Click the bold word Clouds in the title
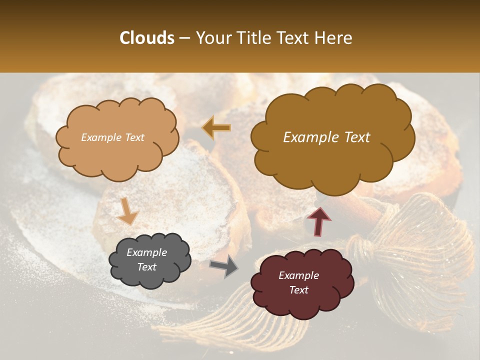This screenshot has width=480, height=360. click(146, 38)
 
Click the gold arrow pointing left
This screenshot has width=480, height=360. click(216, 128)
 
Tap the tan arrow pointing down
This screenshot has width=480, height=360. click(127, 211)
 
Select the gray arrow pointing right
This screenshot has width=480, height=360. click(224, 267)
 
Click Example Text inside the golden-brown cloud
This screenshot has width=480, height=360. click(326, 137)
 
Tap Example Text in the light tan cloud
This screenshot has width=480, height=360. click(112, 137)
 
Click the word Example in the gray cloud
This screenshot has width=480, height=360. click(147, 252)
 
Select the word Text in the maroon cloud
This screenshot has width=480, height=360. click(299, 290)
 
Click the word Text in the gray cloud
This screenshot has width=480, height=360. click(147, 267)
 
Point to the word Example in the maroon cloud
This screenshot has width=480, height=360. click(299, 275)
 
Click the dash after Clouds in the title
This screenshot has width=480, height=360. click(184, 38)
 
